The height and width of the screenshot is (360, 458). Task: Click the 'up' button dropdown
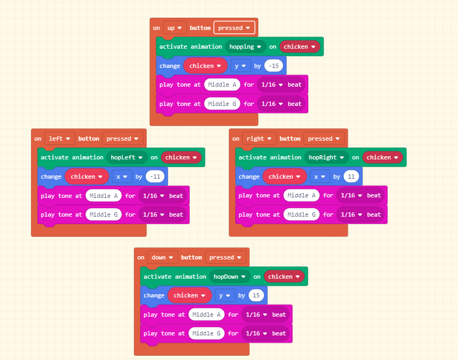[x=175, y=28]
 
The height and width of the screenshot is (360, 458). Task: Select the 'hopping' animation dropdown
[x=245, y=47]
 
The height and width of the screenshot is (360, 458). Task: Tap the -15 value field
[x=274, y=66]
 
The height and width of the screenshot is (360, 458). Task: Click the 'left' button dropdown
[x=59, y=139]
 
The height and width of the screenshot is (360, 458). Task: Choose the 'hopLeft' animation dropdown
[x=127, y=157]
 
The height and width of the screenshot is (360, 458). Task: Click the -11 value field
[x=156, y=177]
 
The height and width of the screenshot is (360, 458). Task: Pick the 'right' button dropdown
[x=259, y=139]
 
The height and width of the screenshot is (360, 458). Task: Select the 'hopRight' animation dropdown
[x=326, y=157]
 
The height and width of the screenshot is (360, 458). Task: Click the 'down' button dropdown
[x=162, y=257]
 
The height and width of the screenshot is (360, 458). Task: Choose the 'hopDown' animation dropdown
[x=229, y=277]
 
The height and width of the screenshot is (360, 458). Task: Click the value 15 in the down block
[x=257, y=295]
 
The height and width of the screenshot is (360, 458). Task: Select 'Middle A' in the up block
[x=222, y=85]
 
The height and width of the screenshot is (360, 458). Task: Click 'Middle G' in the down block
[x=206, y=333]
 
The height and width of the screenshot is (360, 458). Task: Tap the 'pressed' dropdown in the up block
[x=234, y=28]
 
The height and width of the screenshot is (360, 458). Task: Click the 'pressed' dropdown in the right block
[x=324, y=139]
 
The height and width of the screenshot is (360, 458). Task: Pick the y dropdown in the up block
[x=241, y=66]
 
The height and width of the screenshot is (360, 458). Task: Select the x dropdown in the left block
[x=122, y=177]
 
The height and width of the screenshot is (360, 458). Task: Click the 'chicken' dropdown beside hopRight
[x=382, y=157]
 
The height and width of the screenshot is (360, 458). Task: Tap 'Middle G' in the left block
[x=104, y=215]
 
